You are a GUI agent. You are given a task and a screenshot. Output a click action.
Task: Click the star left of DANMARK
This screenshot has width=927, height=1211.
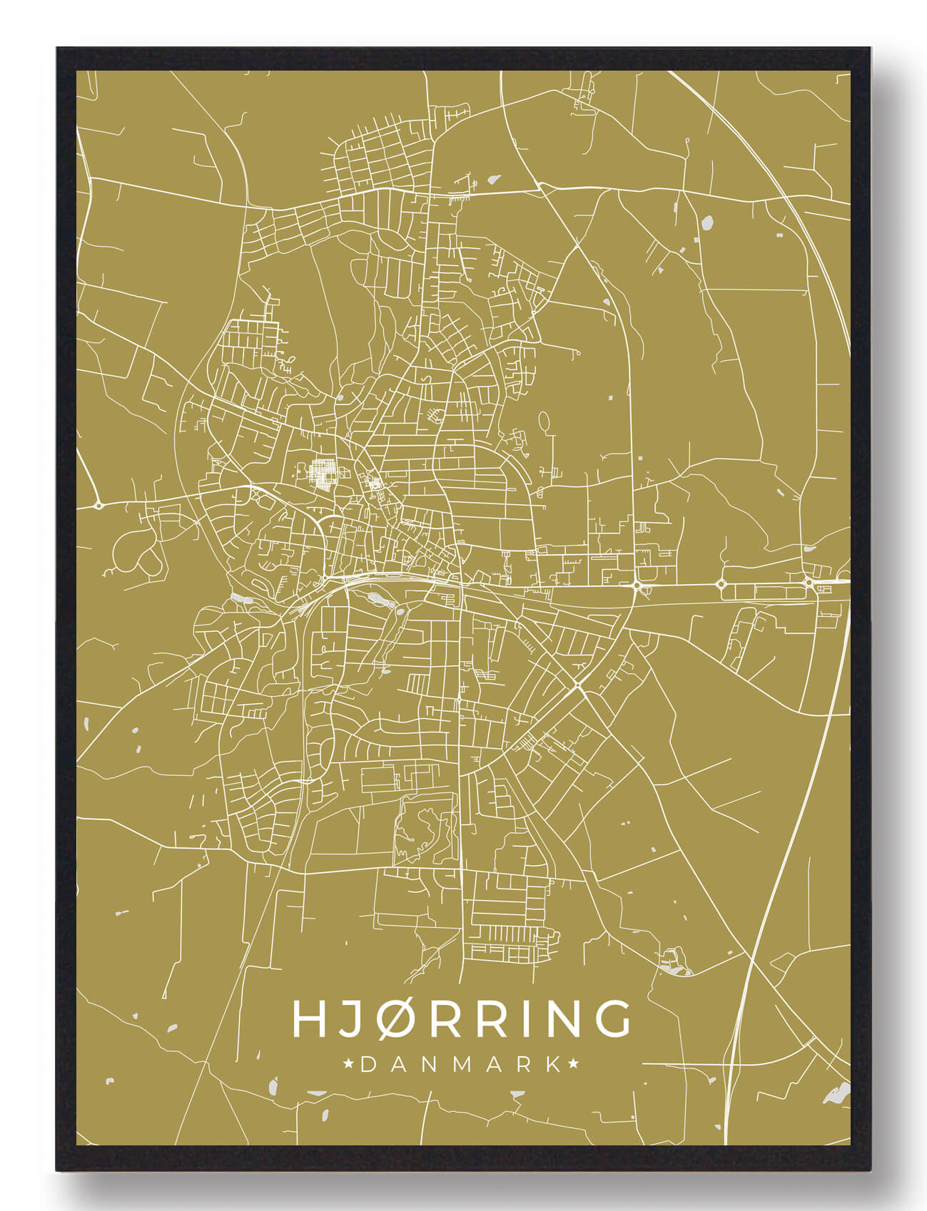coord(349,1065)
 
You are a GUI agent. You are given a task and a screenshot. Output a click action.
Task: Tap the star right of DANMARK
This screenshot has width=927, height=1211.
coord(573,1065)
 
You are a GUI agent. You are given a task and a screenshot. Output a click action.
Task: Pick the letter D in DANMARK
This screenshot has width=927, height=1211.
coord(369,1065)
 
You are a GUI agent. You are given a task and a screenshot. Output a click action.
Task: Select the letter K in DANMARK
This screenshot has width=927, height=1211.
coord(553,1065)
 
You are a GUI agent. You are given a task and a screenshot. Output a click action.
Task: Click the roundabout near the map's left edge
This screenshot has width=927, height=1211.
coord(98,505)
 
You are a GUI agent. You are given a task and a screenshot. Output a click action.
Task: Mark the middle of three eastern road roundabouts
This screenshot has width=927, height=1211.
coord(721,584)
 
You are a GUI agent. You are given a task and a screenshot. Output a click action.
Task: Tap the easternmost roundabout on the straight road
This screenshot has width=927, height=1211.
coord(808,582)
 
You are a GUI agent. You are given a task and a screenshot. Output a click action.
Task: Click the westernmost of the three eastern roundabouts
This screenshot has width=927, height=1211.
coord(636,586)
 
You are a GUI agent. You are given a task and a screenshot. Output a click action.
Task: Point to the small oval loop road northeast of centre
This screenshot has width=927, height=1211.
coord(544,421)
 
